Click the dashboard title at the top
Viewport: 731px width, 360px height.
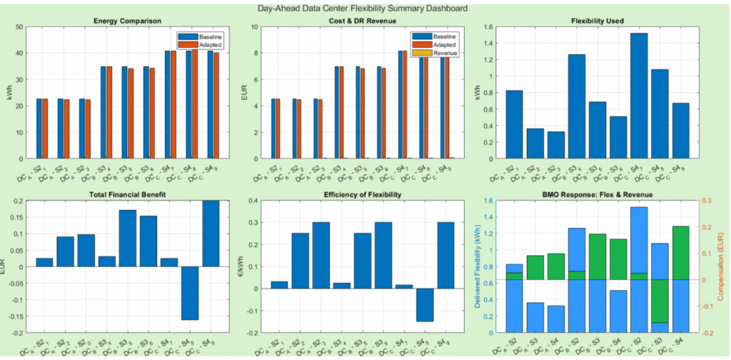click(365, 9)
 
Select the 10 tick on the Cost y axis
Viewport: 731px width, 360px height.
click(254, 27)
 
